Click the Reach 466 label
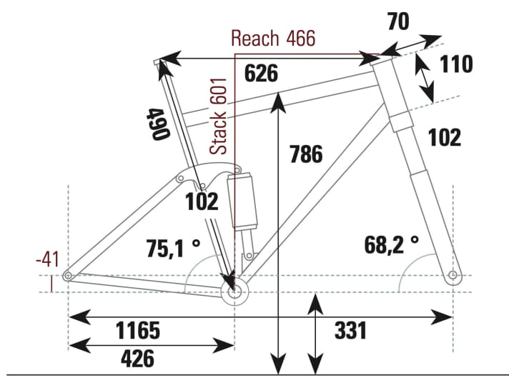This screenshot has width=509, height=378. pos(272,39)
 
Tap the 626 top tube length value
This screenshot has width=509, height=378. pos(261,74)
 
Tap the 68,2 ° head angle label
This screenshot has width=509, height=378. pos(391,245)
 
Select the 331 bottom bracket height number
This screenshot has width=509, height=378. pos(350,331)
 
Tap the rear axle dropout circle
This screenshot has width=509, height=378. pos(68,276)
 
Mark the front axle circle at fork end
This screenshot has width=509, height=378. pos(452,275)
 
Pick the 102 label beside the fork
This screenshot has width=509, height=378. pos(444,137)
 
